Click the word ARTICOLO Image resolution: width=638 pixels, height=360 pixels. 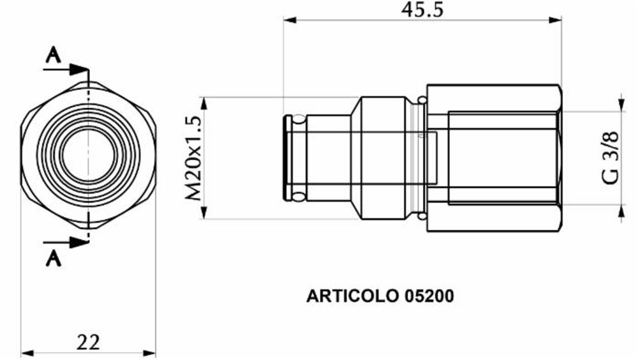coord(352,296)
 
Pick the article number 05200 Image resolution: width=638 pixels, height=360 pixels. coord(429,296)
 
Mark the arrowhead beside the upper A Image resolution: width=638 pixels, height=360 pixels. coord(79,68)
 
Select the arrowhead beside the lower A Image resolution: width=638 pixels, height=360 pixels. coord(79,242)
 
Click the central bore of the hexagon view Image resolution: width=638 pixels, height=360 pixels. coord(88,155)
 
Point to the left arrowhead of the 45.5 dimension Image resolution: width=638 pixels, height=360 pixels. coord(290,20)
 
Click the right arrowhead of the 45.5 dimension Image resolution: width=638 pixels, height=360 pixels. coord(555,20)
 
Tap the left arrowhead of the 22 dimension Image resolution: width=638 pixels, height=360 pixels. coord(27,352)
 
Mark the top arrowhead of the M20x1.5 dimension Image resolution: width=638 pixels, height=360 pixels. coord(204,103)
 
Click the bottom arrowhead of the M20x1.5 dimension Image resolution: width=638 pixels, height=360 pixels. coord(204,213)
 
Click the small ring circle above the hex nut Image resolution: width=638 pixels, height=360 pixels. coord(422,99)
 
